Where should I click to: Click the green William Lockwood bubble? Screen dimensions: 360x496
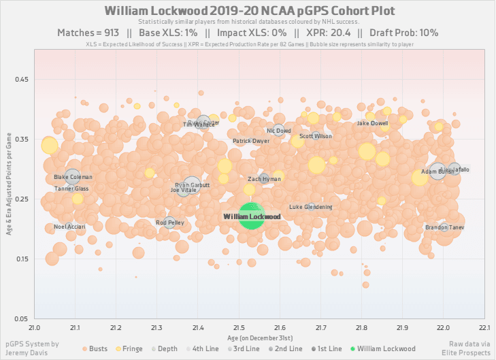[x=252, y=216]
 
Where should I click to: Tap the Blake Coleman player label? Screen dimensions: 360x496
[x=73, y=178]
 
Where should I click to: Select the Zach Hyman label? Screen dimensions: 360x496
[x=264, y=179]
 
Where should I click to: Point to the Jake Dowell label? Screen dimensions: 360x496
[x=372, y=124]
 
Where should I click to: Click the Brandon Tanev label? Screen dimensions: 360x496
[x=444, y=227]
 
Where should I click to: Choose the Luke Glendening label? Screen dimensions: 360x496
[x=311, y=207]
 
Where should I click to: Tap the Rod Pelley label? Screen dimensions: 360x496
[x=169, y=223]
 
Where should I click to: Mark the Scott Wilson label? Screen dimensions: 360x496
[x=316, y=136]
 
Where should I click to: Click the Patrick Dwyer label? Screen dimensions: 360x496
[x=251, y=142]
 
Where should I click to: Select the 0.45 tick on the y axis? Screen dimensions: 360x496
[x=21, y=80]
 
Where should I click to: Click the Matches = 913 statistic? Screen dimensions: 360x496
[x=87, y=33]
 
